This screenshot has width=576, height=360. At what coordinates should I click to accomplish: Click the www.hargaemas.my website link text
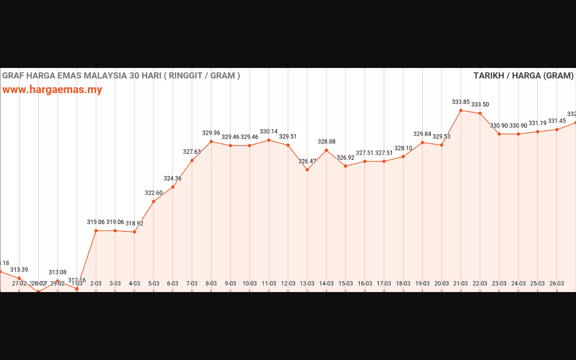(x=52, y=90)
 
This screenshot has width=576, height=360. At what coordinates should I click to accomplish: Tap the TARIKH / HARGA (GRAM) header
(x=523, y=76)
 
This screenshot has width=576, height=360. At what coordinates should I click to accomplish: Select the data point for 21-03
(x=461, y=111)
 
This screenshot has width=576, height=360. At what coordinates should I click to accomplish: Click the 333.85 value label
(x=461, y=102)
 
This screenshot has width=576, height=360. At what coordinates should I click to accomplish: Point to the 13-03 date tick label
(x=307, y=283)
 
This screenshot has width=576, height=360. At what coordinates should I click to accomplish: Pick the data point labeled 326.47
(x=307, y=170)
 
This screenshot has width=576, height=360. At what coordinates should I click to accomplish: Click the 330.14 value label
(x=269, y=131)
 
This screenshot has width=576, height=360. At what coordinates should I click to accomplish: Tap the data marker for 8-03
(x=211, y=142)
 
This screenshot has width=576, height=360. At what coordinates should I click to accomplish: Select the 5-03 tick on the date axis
(x=154, y=283)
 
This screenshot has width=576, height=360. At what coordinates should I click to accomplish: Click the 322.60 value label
(x=154, y=193)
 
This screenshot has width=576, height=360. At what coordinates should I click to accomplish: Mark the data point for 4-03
(x=135, y=232)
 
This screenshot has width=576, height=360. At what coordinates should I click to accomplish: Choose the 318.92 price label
(x=135, y=223)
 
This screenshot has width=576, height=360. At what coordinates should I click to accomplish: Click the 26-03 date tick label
(x=557, y=283)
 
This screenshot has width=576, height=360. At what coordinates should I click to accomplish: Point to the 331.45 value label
(x=557, y=121)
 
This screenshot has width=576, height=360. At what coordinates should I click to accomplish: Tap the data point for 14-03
(x=326, y=150)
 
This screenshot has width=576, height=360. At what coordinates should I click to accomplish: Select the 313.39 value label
(x=19, y=270)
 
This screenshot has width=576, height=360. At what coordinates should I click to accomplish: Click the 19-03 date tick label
(x=423, y=283)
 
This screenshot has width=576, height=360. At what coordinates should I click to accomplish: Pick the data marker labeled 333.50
(x=480, y=113)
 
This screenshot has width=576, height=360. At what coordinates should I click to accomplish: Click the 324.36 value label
(x=173, y=178)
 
